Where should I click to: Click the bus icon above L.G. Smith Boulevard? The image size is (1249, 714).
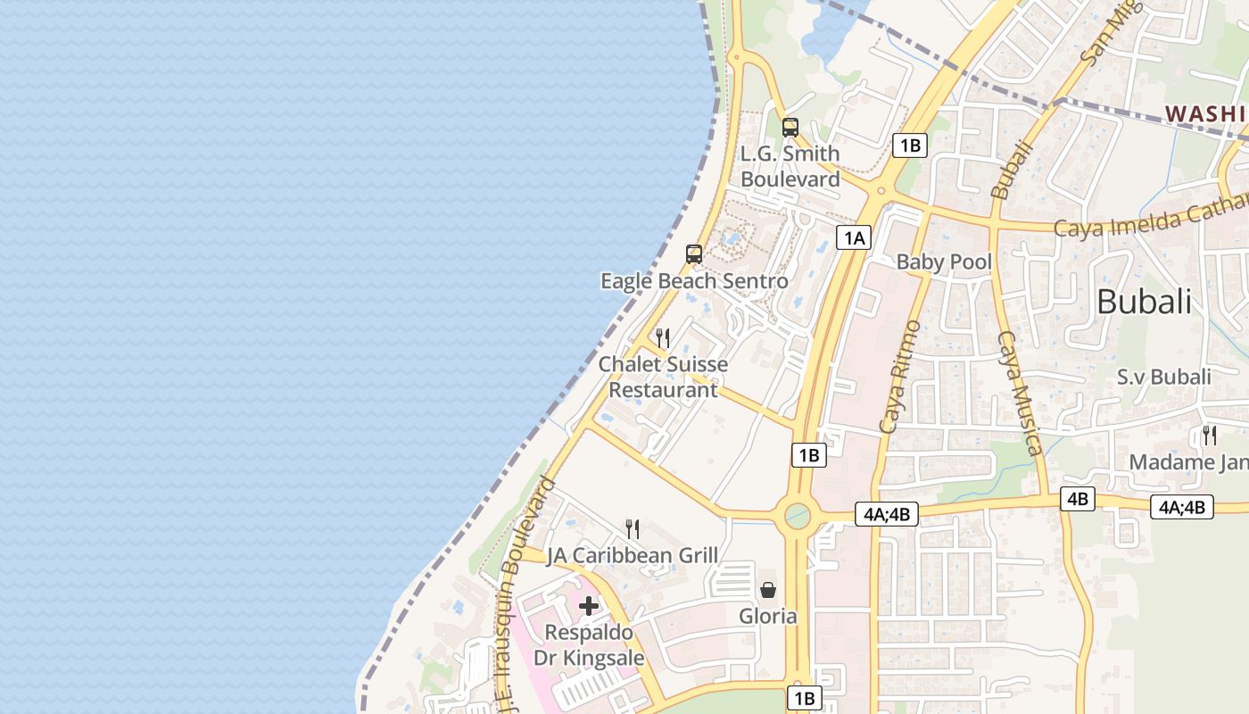(790, 128)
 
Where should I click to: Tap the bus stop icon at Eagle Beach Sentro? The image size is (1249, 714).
(694, 254)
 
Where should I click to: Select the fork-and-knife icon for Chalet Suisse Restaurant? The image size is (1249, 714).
(663, 338)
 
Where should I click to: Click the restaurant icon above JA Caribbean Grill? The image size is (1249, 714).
(633, 529)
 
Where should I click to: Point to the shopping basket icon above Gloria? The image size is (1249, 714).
(768, 590)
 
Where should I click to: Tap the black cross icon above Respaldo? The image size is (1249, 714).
(589, 607)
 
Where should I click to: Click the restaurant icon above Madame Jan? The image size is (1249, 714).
(1210, 436)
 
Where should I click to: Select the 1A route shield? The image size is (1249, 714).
(854, 237)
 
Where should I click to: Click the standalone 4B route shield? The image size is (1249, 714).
(1078, 499)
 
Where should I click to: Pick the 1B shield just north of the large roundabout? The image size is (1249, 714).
(808, 455)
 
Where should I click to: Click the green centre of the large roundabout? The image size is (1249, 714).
(797, 515)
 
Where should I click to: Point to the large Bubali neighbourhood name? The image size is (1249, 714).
(1144, 302)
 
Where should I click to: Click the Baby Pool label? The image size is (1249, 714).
(944, 262)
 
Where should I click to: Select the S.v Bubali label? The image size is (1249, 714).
(1164, 377)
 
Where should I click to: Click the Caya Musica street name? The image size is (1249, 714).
(1019, 393)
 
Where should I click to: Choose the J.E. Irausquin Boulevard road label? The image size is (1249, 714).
(524, 580)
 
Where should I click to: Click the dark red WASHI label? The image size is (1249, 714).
(1204, 113)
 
